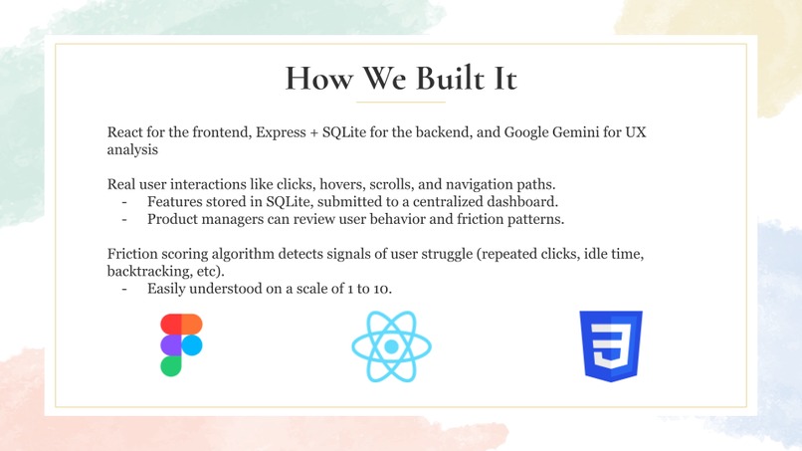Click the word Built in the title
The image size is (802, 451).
pos(450,79)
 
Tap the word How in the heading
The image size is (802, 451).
pos(319,79)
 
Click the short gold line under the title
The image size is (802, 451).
pos(401,103)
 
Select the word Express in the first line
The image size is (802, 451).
pos(281,132)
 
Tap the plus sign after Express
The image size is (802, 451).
pos(314,133)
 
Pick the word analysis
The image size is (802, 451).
pos(132,150)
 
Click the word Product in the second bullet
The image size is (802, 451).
pos(172,219)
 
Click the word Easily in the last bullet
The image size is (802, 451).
pos(166,290)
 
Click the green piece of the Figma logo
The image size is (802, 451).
pos(171,366)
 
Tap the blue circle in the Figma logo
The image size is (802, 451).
pos(192,345)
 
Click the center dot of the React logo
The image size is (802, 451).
pos(391,346)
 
